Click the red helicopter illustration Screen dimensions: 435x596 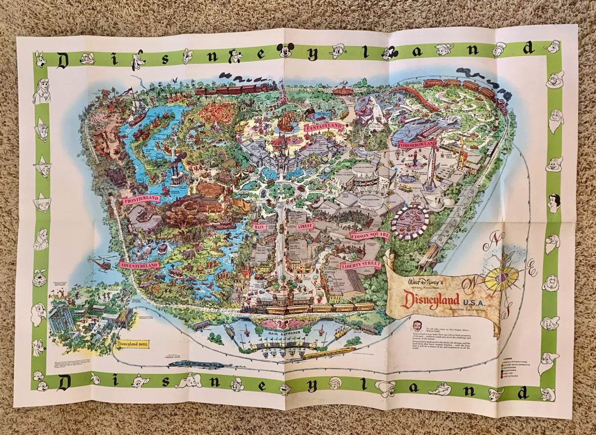98,264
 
